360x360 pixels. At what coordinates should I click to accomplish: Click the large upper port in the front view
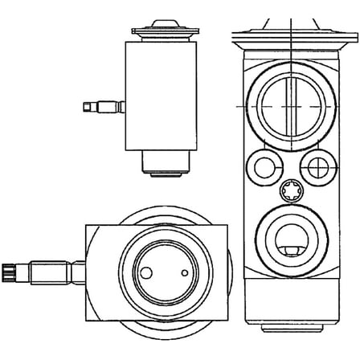(x=290, y=106)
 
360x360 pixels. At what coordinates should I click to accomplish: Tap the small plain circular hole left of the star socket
(x=263, y=167)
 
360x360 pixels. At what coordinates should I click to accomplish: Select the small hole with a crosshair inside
(x=317, y=167)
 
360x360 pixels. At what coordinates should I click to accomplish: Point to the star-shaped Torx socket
(x=290, y=192)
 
